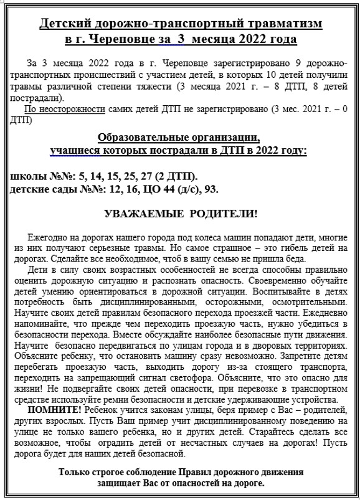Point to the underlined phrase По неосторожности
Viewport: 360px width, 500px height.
(61, 110)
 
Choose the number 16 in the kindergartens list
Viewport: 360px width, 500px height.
(116, 188)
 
